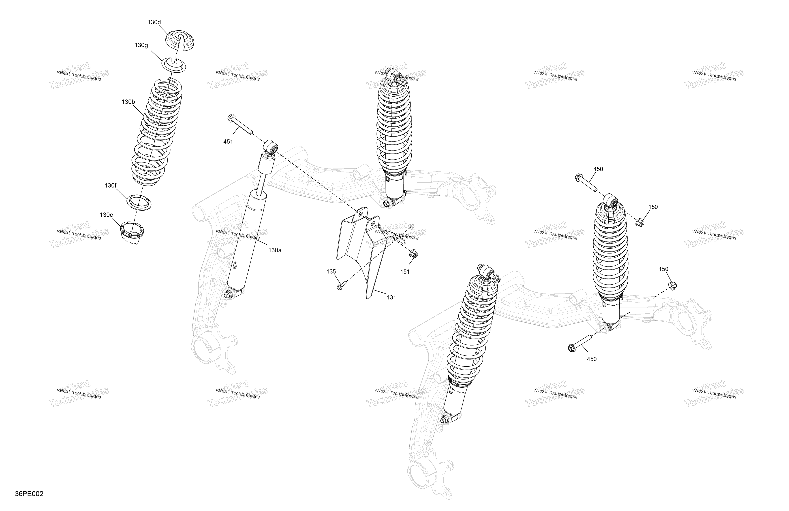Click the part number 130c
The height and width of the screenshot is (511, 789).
[x=106, y=215]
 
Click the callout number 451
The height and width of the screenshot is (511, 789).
[x=228, y=142]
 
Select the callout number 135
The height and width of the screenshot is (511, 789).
[x=331, y=272]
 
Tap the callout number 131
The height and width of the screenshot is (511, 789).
[x=391, y=297]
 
